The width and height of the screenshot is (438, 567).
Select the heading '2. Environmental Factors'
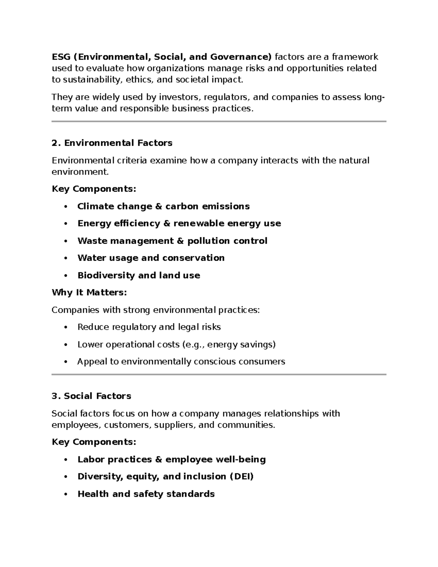point(112,143)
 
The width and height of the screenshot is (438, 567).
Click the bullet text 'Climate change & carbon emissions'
point(163,206)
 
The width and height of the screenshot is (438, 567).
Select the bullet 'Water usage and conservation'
point(151,258)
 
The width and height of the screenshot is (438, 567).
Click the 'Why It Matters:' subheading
point(89,292)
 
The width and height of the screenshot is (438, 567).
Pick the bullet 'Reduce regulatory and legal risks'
point(149,327)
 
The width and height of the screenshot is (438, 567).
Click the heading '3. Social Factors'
point(91,396)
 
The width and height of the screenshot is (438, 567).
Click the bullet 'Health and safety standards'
point(146,494)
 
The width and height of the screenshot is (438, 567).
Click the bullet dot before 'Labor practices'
point(66,460)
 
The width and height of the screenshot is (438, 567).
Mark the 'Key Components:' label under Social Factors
point(94,442)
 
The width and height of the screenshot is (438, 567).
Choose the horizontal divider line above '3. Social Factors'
point(219,375)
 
